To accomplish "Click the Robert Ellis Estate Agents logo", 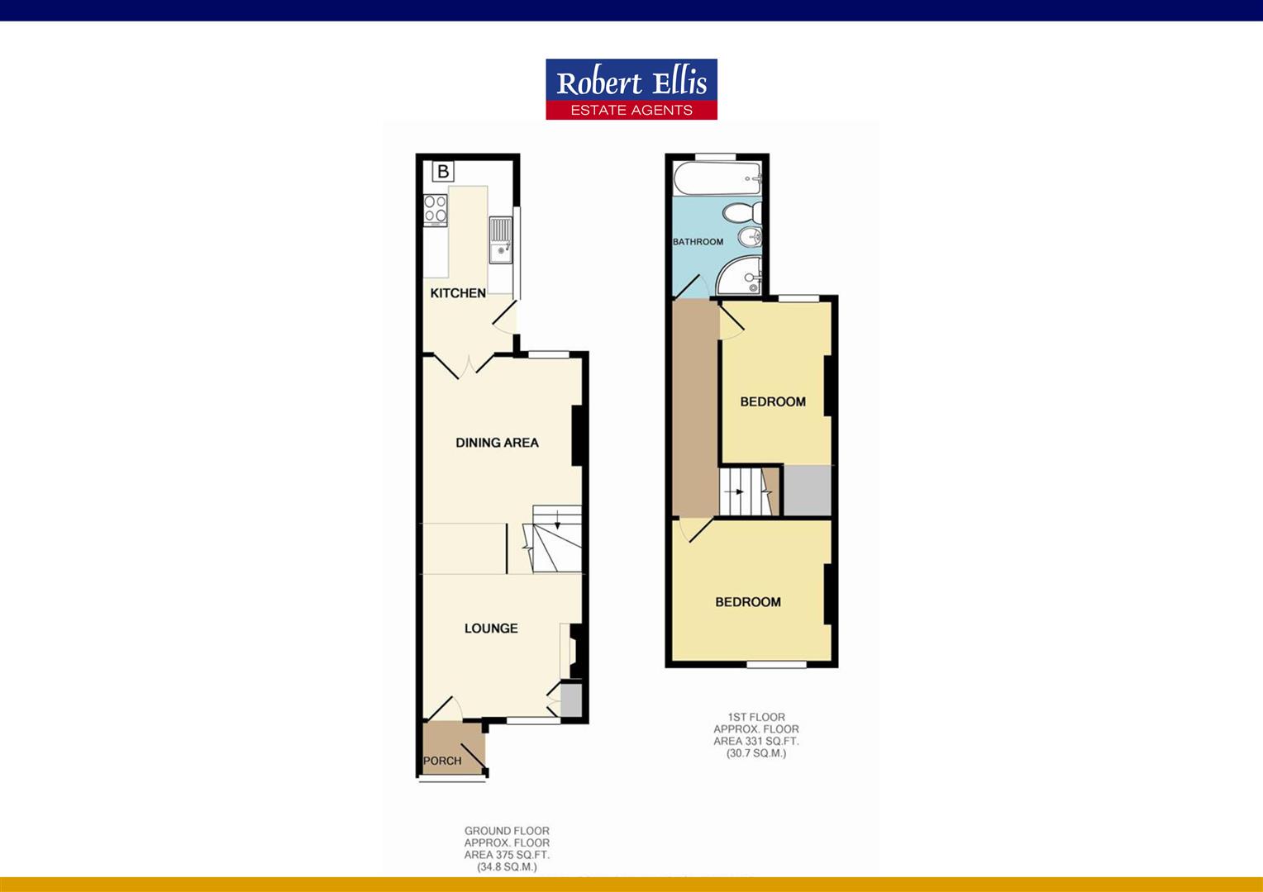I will coord(631,89).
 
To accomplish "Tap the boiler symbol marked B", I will coord(444,171).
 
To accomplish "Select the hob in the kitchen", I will coord(436,208).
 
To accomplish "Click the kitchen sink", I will coord(500,240).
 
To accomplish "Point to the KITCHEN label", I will coord(458,293).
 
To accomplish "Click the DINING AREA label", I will coord(497,443).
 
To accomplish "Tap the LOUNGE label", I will coord(491,629).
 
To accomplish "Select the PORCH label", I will coord(442,761).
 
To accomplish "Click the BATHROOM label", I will coord(698,242).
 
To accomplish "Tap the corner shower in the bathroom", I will coord(741,276).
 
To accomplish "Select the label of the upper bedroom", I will coord(773,402).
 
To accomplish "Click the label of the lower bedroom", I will coord(748,602).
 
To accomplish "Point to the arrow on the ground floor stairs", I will coord(557,520).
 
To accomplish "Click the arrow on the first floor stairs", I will coord(737,491).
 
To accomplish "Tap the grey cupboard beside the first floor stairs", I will coord(807,491).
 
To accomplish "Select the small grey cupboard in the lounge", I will coord(570,700).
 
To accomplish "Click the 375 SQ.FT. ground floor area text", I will coord(507,855).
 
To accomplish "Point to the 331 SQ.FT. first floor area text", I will coord(756,741).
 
